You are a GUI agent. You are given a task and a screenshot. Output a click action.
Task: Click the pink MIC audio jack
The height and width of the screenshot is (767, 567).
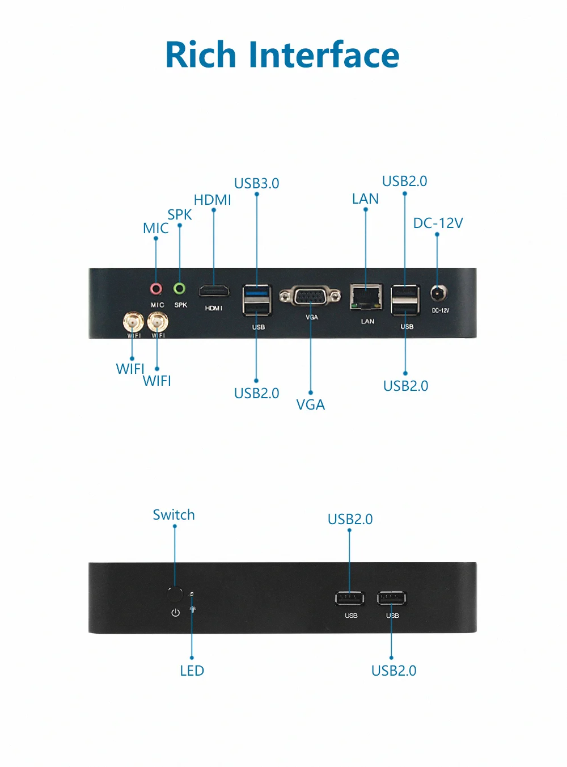coord(156,289)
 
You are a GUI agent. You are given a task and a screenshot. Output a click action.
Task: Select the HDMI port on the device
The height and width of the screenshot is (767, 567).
coord(214,292)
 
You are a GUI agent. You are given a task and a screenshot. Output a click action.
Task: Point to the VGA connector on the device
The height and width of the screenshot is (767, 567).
coord(310,296)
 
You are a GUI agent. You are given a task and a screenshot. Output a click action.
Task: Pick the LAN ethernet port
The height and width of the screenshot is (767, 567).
coord(366,297)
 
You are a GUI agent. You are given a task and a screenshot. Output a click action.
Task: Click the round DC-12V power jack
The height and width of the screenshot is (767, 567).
coord(438,294)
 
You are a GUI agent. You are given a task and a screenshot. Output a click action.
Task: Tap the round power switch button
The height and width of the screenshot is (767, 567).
coord(175,595)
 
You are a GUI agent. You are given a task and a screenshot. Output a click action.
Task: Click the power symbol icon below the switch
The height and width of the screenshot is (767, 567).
coord(176,613)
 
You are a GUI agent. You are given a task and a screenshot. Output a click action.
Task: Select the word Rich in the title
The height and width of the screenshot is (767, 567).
coord(201,55)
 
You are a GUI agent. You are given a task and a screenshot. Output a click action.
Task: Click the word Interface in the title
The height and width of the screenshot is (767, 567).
coord(324,55)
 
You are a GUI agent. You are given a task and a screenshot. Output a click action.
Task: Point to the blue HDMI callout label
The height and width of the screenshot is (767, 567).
coord(213,200)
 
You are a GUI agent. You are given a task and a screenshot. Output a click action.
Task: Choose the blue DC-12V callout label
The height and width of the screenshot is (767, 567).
coord(438,224)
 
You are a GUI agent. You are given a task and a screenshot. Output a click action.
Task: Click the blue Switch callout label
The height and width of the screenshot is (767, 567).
coord(174,515)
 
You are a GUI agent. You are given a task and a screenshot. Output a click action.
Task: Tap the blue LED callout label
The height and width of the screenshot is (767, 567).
coord(192,671)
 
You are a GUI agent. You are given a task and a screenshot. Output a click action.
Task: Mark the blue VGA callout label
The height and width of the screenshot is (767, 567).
coord(311,405)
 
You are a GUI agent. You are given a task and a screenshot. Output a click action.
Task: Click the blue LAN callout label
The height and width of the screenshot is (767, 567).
coord(365,199)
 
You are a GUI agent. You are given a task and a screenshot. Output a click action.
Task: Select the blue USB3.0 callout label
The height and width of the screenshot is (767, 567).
coord(257,184)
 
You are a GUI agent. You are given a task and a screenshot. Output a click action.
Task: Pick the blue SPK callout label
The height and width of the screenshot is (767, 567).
coord(180,215)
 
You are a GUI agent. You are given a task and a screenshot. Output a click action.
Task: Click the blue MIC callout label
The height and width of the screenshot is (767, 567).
coord(156,229)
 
